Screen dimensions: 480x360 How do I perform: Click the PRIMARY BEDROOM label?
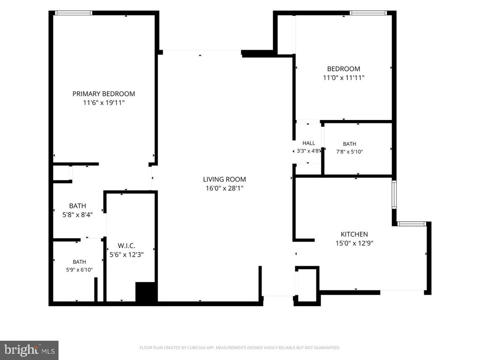(x=104, y=94)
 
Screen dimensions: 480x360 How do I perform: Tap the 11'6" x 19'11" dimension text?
(x=104, y=103)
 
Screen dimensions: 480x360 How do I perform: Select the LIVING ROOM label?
(x=225, y=180)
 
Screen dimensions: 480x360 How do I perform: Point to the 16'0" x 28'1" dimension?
(x=225, y=188)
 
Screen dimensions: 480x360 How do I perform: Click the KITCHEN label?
(x=354, y=234)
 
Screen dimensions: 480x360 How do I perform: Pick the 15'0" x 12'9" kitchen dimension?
(x=354, y=243)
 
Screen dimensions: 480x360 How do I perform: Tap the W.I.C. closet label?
(x=127, y=246)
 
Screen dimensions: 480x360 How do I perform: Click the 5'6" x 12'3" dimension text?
(x=127, y=255)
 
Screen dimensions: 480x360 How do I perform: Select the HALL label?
(x=308, y=143)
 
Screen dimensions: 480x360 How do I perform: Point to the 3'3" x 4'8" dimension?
(x=308, y=151)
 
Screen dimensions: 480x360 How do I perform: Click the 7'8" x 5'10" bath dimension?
(x=350, y=151)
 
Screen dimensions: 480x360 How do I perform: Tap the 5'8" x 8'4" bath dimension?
(x=77, y=215)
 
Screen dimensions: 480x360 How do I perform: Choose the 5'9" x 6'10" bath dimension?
(x=79, y=270)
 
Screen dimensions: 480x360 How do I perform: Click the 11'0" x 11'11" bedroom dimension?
(x=344, y=78)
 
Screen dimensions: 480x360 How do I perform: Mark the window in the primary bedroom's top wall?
(x=74, y=13)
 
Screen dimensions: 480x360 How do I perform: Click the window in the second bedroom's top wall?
(x=368, y=13)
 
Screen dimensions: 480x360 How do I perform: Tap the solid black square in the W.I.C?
(x=146, y=292)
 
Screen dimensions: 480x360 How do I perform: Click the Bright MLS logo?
(x=29, y=350)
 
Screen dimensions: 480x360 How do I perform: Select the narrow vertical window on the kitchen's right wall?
(x=394, y=195)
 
